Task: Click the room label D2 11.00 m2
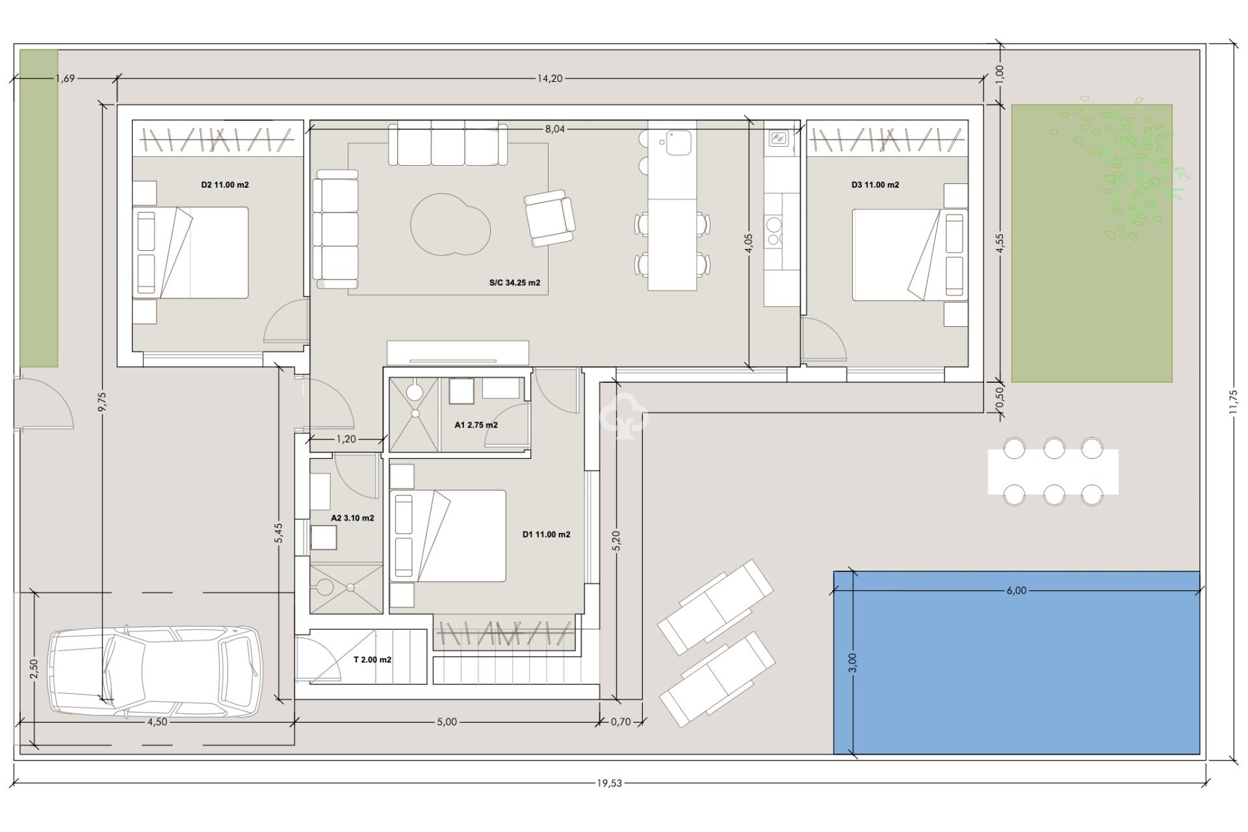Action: click(x=225, y=185)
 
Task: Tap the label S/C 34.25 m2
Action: click(x=515, y=283)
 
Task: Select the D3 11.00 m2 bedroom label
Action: click(x=875, y=185)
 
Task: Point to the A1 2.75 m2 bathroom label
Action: click(x=476, y=425)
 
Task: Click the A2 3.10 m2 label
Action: click(x=352, y=518)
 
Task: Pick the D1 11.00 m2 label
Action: click(x=546, y=534)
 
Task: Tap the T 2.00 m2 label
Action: click(x=372, y=659)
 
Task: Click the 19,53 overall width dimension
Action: click(x=609, y=783)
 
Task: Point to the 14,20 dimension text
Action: click(x=549, y=79)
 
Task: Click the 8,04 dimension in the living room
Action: click(x=554, y=129)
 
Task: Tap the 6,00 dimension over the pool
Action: click(x=1016, y=590)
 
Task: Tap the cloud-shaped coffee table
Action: click(x=450, y=225)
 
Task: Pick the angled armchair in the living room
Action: click(x=550, y=218)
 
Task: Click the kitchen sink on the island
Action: click(x=677, y=142)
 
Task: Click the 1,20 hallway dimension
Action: click(x=346, y=439)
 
